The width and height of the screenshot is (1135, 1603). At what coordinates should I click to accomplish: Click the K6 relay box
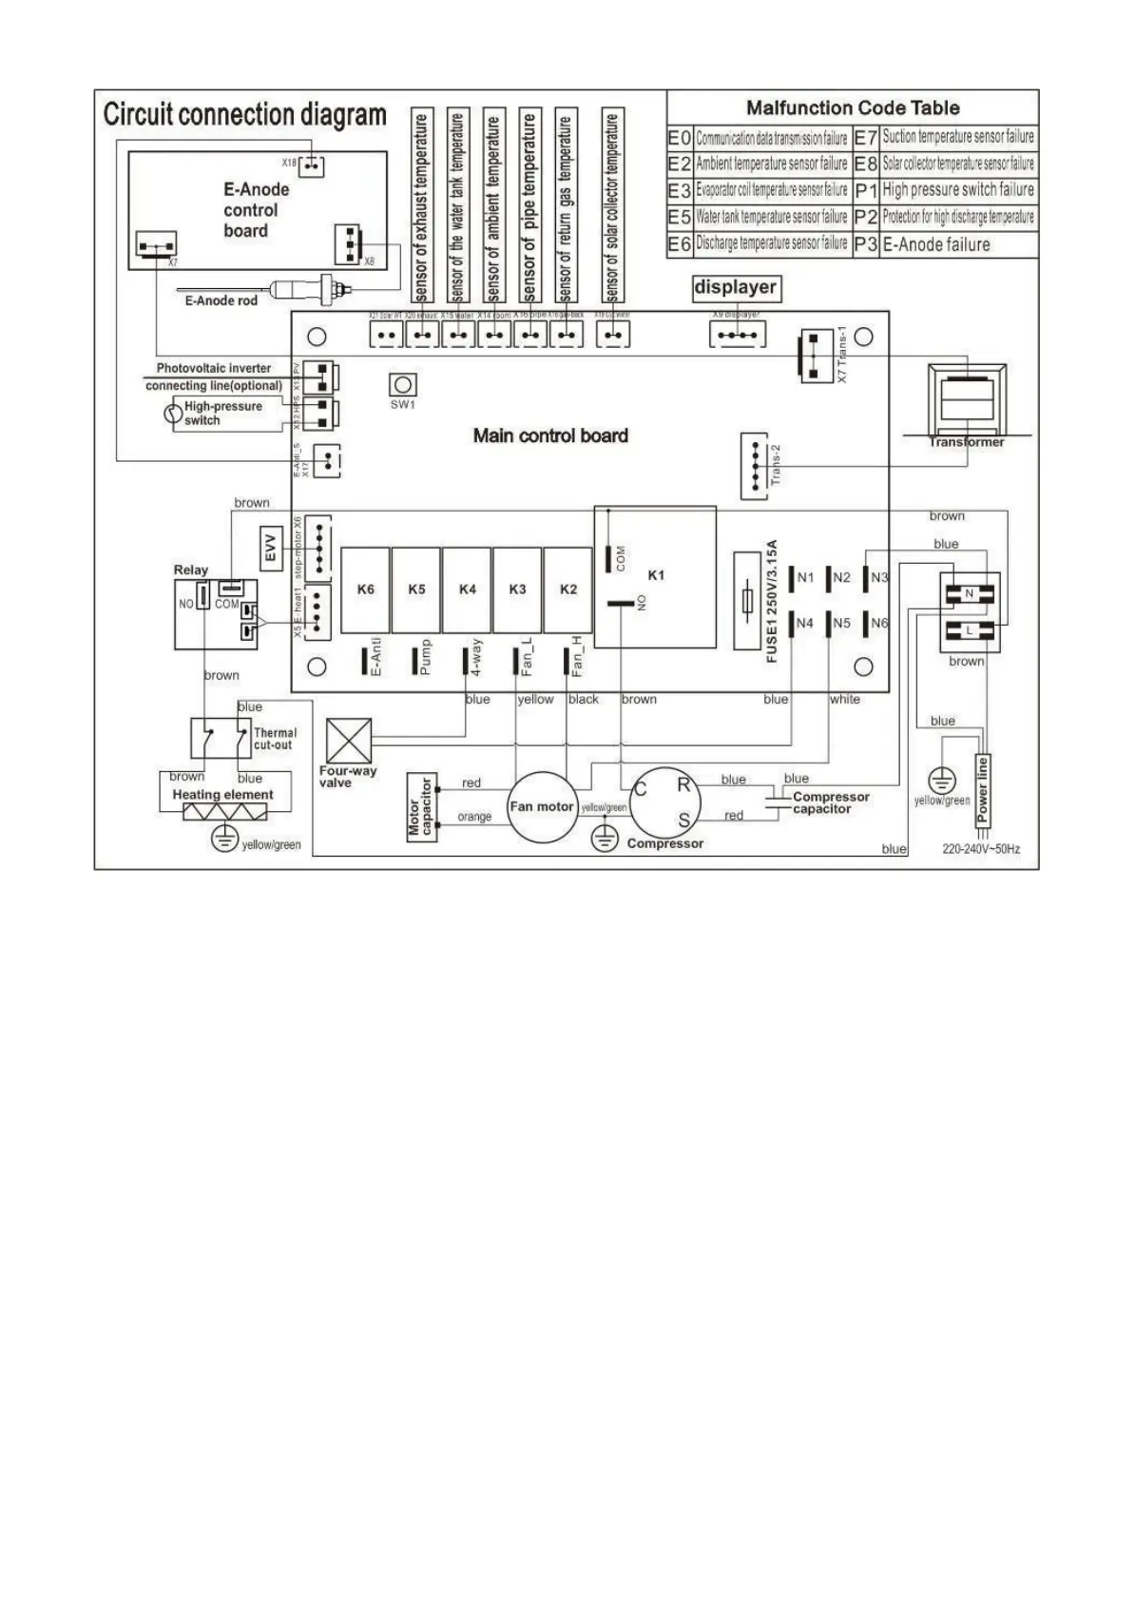(x=365, y=589)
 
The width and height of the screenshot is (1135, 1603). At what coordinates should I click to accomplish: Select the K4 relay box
(x=467, y=589)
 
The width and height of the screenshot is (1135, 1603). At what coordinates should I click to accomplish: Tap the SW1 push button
(x=403, y=385)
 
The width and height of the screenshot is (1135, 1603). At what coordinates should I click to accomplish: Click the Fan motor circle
(x=542, y=806)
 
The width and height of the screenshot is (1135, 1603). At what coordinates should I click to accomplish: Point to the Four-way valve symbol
(x=348, y=742)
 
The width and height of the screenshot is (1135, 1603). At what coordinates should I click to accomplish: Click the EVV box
(x=271, y=550)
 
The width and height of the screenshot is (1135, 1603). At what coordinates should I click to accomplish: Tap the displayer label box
(x=735, y=287)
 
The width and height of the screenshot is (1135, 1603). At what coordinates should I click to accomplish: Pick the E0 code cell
(x=679, y=138)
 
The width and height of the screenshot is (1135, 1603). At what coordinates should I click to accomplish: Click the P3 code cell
(x=865, y=244)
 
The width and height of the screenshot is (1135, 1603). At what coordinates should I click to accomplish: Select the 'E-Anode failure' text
(x=936, y=244)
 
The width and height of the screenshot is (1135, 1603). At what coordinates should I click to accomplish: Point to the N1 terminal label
(x=805, y=577)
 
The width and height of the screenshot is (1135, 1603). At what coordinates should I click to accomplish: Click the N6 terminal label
(x=879, y=624)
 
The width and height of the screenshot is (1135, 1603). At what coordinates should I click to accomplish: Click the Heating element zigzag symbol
(x=224, y=813)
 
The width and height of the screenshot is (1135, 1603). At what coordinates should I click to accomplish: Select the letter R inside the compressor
(x=683, y=785)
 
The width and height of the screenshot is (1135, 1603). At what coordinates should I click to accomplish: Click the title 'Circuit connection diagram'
(x=244, y=115)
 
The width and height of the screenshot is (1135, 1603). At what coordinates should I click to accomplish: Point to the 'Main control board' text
(x=550, y=435)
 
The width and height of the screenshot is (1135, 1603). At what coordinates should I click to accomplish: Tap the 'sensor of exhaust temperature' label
(x=422, y=206)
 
